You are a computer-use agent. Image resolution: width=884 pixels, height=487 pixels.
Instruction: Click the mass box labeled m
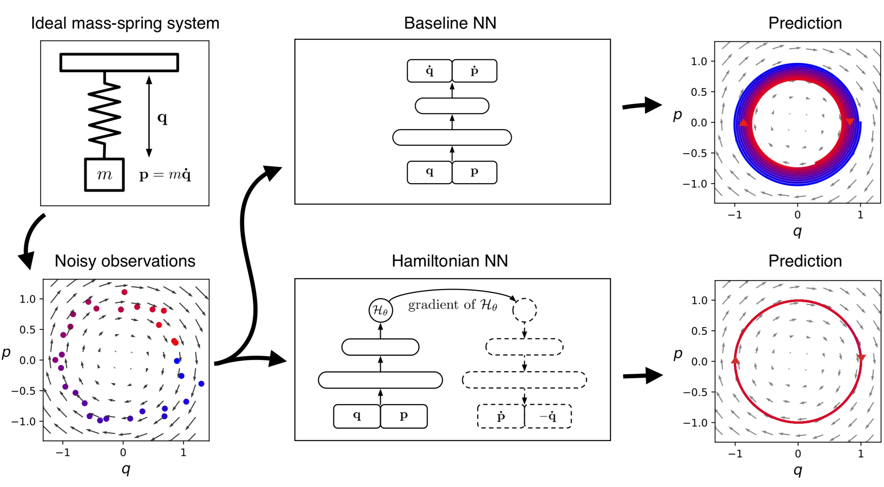point(104,175)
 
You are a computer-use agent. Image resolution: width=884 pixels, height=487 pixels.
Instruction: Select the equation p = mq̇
point(165,175)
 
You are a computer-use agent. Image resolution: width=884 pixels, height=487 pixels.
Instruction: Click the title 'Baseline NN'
point(450,23)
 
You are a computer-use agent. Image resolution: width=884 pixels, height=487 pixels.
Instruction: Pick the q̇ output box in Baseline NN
point(429,71)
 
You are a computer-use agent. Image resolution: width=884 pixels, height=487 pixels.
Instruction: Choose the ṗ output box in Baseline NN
point(474,71)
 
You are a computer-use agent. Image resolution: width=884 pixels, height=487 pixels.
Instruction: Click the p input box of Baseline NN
point(474,172)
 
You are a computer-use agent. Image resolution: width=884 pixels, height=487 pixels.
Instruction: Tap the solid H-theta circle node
point(381,310)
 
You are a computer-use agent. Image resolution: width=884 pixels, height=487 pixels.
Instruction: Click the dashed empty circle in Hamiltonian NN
point(524,310)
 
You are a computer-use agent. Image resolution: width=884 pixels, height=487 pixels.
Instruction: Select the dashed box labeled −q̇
point(548,416)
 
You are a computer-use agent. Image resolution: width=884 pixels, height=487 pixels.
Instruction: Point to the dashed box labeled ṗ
point(501,416)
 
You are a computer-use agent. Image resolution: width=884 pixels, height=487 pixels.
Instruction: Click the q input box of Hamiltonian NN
point(357,416)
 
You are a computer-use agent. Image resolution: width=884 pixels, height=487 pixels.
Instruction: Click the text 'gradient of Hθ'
point(452,305)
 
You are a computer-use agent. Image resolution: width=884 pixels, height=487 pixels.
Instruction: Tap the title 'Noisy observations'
point(125,261)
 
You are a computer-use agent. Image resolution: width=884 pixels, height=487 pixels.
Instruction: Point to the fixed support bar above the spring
point(119,63)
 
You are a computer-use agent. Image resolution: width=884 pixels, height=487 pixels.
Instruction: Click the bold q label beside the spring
point(163,118)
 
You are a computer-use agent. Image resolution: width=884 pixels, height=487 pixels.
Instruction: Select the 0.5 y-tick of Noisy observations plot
point(27,330)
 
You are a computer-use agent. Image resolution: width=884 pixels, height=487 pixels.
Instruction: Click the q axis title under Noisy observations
point(126,468)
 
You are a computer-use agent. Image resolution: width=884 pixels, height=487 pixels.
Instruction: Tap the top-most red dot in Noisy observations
point(124,292)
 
